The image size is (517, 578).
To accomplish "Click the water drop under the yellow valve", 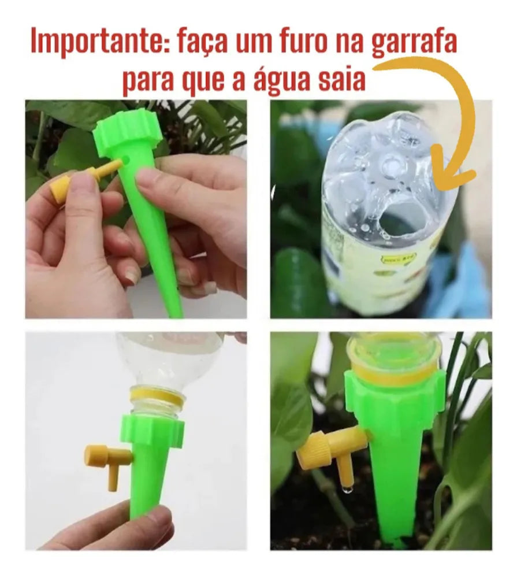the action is click(x=347, y=489).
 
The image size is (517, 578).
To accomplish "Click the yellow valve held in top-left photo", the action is click(x=77, y=180).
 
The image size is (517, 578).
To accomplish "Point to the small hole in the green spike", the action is click(x=127, y=160).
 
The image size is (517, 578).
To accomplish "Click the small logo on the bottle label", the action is click(x=399, y=257).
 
